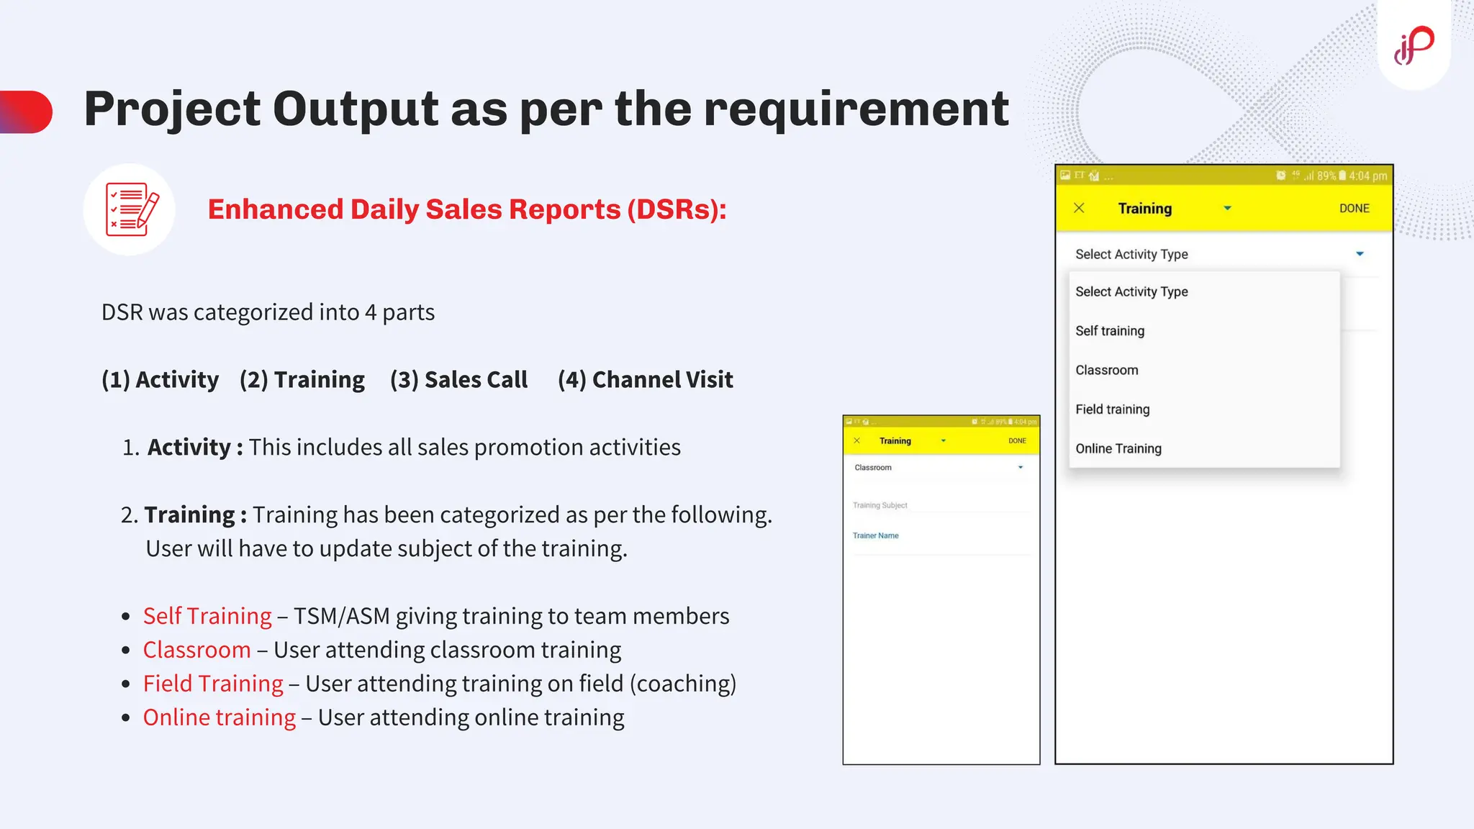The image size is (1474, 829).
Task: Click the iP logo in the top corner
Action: click(x=1414, y=45)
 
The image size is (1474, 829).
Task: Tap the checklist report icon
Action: click(x=130, y=209)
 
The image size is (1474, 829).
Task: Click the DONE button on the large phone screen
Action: click(x=1354, y=209)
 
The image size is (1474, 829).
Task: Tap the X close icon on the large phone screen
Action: click(x=1079, y=209)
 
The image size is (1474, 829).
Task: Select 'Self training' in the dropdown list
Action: click(x=1110, y=331)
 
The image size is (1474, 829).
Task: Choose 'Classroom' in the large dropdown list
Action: click(x=1107, y=371)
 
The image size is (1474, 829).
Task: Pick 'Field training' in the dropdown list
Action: click(x=1113, y=409)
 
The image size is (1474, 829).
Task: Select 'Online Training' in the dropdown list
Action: click(x=1118, y=449)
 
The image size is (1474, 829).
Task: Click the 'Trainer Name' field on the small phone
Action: click(x=876, y=536)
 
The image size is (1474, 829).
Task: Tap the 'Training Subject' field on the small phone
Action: click(x=880, y=506)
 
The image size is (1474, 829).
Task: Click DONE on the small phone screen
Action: click(x=1017, y=441)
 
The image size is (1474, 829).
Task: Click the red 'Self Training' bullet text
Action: click(x=207, y=616)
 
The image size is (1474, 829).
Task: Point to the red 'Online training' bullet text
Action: click(x=220, y=717)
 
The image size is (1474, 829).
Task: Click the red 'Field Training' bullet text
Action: click(x=213, y=684)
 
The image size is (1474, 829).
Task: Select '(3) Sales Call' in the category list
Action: click(x=458, y=380)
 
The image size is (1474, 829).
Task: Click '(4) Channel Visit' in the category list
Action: click(x=646, y=380)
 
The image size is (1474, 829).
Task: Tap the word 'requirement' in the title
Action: click(x=856, y=109)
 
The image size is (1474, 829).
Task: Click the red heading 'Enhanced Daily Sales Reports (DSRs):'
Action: click(x=467, y=209)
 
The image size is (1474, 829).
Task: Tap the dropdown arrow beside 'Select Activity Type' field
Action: click(x=1360, y=254)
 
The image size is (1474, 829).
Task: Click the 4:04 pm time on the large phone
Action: click(x=1367, y=176)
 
